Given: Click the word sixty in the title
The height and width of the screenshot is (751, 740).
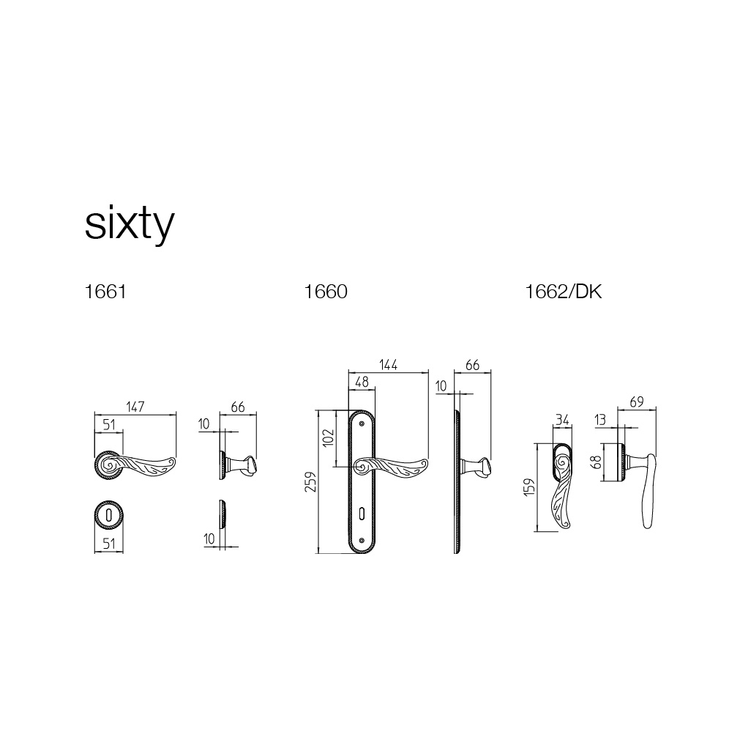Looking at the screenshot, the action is (x=130, y=225).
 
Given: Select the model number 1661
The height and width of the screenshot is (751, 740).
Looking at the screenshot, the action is (x=105, y=292).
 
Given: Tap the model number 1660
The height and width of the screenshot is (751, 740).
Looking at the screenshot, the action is (x=326, y=292).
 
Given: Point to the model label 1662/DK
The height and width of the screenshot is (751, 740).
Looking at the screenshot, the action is (x=564, y=292).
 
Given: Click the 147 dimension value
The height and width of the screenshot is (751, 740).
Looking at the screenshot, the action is (x=135, y=407).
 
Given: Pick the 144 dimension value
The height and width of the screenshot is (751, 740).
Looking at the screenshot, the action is (x=388, y=365).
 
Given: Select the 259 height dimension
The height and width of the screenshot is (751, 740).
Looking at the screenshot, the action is (x=311, y=482).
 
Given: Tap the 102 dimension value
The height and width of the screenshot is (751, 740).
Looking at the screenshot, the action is (x=328, y=437).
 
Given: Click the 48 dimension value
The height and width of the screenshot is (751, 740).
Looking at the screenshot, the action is (x=362, y=382).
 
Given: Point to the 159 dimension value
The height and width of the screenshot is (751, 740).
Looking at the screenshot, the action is (x=529, y=487).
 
